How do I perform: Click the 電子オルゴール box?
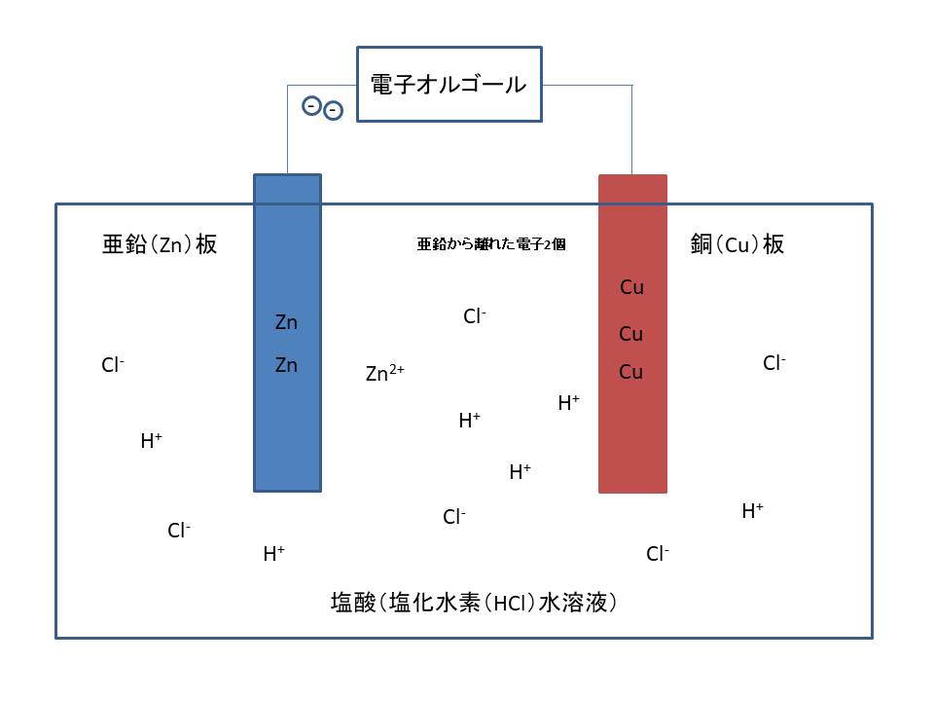pos(449,85)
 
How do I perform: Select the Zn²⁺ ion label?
pos(384,373)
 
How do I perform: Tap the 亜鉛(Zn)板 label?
pos(159,243)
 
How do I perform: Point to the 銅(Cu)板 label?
pos(736,243)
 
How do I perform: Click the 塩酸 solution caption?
pos(475,603)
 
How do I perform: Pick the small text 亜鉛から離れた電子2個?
pos(491,245)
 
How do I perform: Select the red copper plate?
pos(632,438)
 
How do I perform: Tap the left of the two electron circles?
pos(311,105)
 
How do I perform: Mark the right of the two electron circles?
pos(333,111)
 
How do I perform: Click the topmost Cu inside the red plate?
pos(631,287)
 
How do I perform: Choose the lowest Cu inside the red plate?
pos(631,372)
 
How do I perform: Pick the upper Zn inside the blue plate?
pos(286,322)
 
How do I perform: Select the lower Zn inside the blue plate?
pos(286,366)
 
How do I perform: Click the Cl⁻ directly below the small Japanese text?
pos(474,316)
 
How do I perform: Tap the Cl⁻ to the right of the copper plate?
pos(773,364)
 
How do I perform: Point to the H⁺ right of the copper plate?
pos(752,511)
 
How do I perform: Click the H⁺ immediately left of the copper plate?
pos(568,403)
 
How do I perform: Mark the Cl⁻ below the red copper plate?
pos(657,555)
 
